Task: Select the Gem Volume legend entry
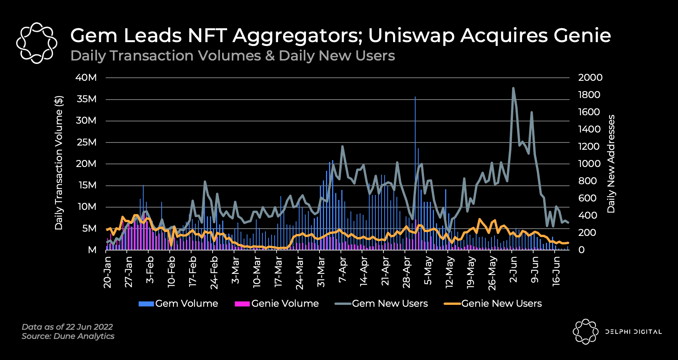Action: pyautogui.click(x=179, y=304)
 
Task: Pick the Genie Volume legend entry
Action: pyautogui.click(x=277, y=304)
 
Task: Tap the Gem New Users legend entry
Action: pyautogui.click(x=381, y=304)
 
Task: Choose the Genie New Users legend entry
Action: pyautogui.click(x=493, y=304)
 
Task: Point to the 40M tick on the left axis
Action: pyautogui.click(x=86, y=78)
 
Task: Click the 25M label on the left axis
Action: pyautogui.click(x=86, y=142)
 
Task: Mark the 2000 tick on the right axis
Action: pyautogui.click(x=590, y=78)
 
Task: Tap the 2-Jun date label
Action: pyautogui.click(x=513, y=270)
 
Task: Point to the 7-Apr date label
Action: pyautogui.click(x=342, y=270)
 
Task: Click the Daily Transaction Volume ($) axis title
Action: pyautogui.click(x=59, y=163)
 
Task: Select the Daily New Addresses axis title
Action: pyautogui.click(x=611, y=164)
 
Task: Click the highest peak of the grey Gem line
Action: pyautogui.click(x=513, y=88)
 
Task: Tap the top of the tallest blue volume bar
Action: pyautogui.click(x=415, y=97)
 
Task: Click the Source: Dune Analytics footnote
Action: pyautogui.click(x=68, y=336)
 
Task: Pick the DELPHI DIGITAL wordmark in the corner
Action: pyautogui.click(x=633, y=332)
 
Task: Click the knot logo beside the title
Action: pyautogui.click(x=37, y=43)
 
